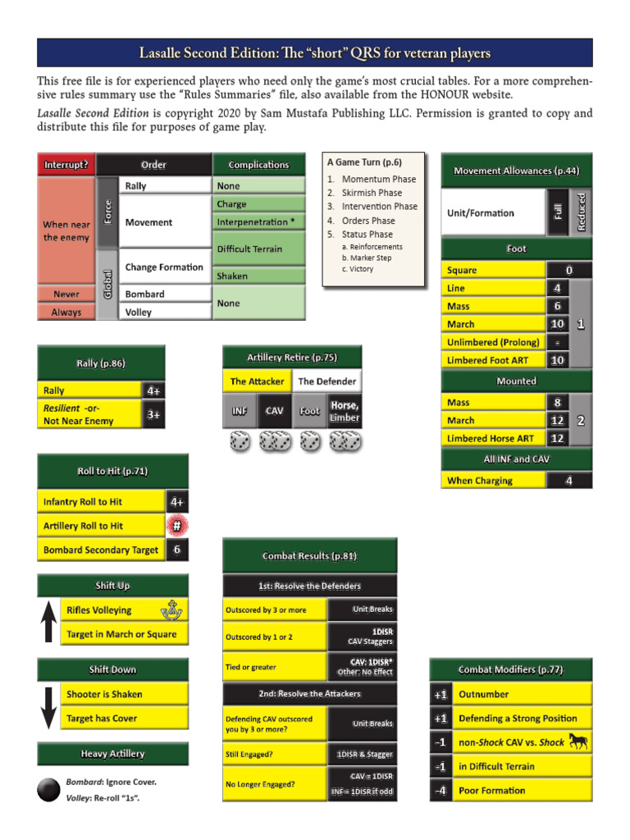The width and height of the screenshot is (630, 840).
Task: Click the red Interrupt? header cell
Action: pos(66,164)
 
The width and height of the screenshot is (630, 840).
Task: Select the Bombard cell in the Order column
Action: pos(144,294)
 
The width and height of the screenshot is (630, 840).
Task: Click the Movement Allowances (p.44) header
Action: pos(517,171)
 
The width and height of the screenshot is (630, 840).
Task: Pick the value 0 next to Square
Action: pos(568,270)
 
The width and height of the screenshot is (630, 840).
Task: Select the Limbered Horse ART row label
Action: pos(491,439)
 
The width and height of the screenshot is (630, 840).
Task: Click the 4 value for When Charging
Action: pos(568,481)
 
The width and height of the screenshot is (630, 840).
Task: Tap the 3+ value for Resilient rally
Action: pos(153,414)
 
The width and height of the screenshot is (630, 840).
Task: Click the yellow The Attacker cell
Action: pos(257,381)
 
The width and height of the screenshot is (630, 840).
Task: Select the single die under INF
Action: pos(240,442)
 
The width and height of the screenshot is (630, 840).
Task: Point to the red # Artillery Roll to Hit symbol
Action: pos(176,526)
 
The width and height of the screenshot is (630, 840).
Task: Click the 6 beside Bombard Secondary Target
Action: pos(176,550)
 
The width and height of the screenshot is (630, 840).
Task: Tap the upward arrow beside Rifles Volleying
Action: pos(48,622)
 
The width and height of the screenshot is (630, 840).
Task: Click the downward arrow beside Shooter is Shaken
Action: pos(48,706)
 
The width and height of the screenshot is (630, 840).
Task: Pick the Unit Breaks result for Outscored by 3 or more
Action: pos(362,609)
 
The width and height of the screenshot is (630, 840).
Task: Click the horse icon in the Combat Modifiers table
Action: pos(578,742)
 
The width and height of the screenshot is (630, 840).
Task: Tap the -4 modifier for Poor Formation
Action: pos(441,791)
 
